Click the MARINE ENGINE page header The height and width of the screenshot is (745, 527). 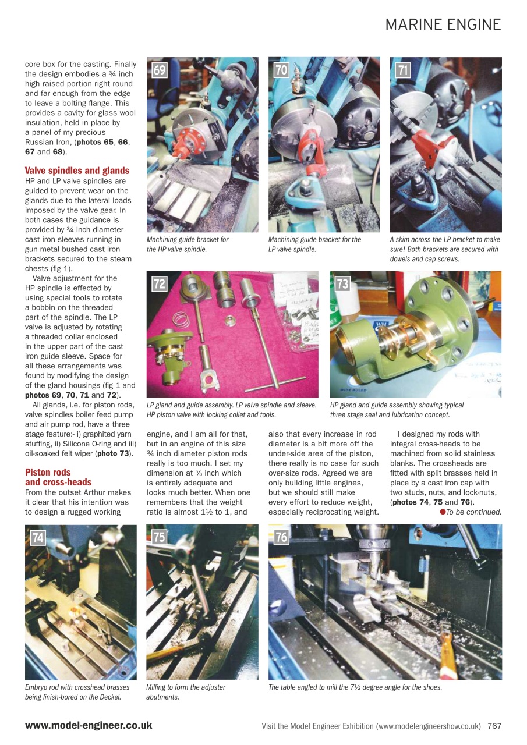point(443,24)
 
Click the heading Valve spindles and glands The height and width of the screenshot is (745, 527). point(77,171)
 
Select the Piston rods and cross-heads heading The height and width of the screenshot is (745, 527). point(58,477)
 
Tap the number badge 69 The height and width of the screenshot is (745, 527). point(160,70)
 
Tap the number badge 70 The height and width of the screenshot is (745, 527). point(281,70)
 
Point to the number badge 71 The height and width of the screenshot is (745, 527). point(403,70)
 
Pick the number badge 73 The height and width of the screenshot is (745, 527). point(342,283)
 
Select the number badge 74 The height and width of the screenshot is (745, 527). point(38,537)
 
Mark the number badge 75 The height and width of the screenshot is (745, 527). point(159,537)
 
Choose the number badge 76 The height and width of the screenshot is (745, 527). point(281,537)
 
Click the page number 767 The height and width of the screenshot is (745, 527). point(494,726)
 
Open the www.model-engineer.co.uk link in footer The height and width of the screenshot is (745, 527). point(89,725)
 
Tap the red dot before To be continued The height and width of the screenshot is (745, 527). point(443,512)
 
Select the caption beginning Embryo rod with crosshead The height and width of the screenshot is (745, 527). point(77,692)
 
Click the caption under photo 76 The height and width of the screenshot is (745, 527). point(355,687)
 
